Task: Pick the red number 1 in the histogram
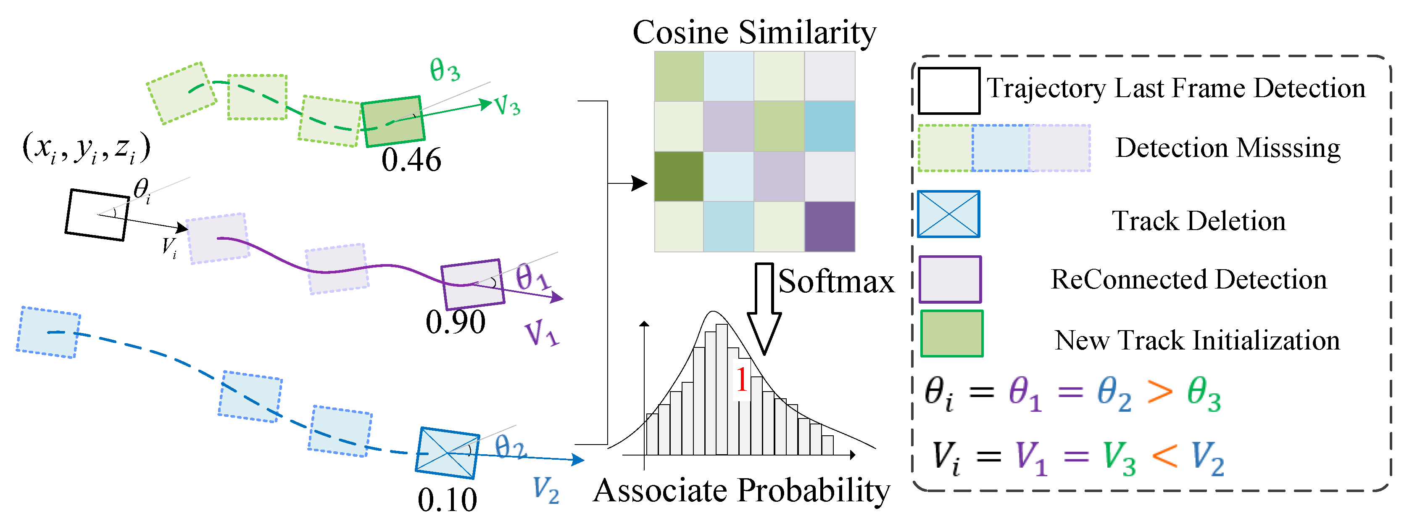coord(741,379)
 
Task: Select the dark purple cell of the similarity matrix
coord(829,226)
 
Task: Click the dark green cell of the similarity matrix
coord(679,177)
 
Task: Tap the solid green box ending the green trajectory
coord(393,121)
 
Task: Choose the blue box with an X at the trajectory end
coord(447,453)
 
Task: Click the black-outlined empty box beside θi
coord(97,215)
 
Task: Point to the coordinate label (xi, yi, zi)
coord(86,148)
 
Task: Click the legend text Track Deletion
coord(1198,220)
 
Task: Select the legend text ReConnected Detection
coord(1188,279)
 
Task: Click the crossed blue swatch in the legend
coord(948,214)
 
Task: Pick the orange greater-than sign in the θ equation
coord(1160,393)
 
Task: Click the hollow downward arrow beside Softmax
coord(764,307)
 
